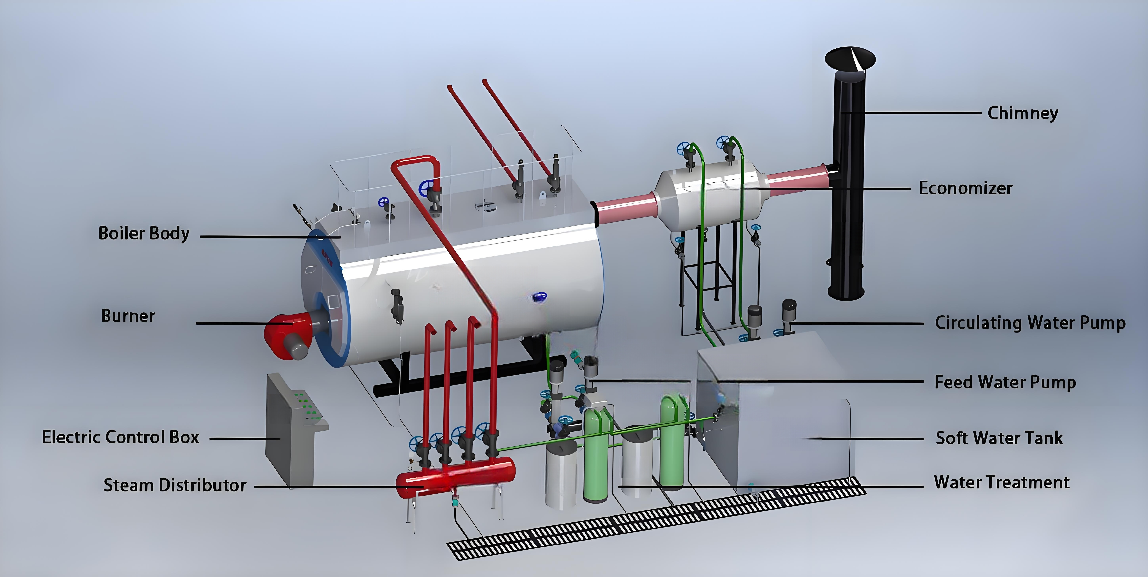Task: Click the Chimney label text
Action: point(1023,113)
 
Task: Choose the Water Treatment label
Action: point(1001,482)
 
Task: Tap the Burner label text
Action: point(128,316)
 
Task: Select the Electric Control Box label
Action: point(120,437)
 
